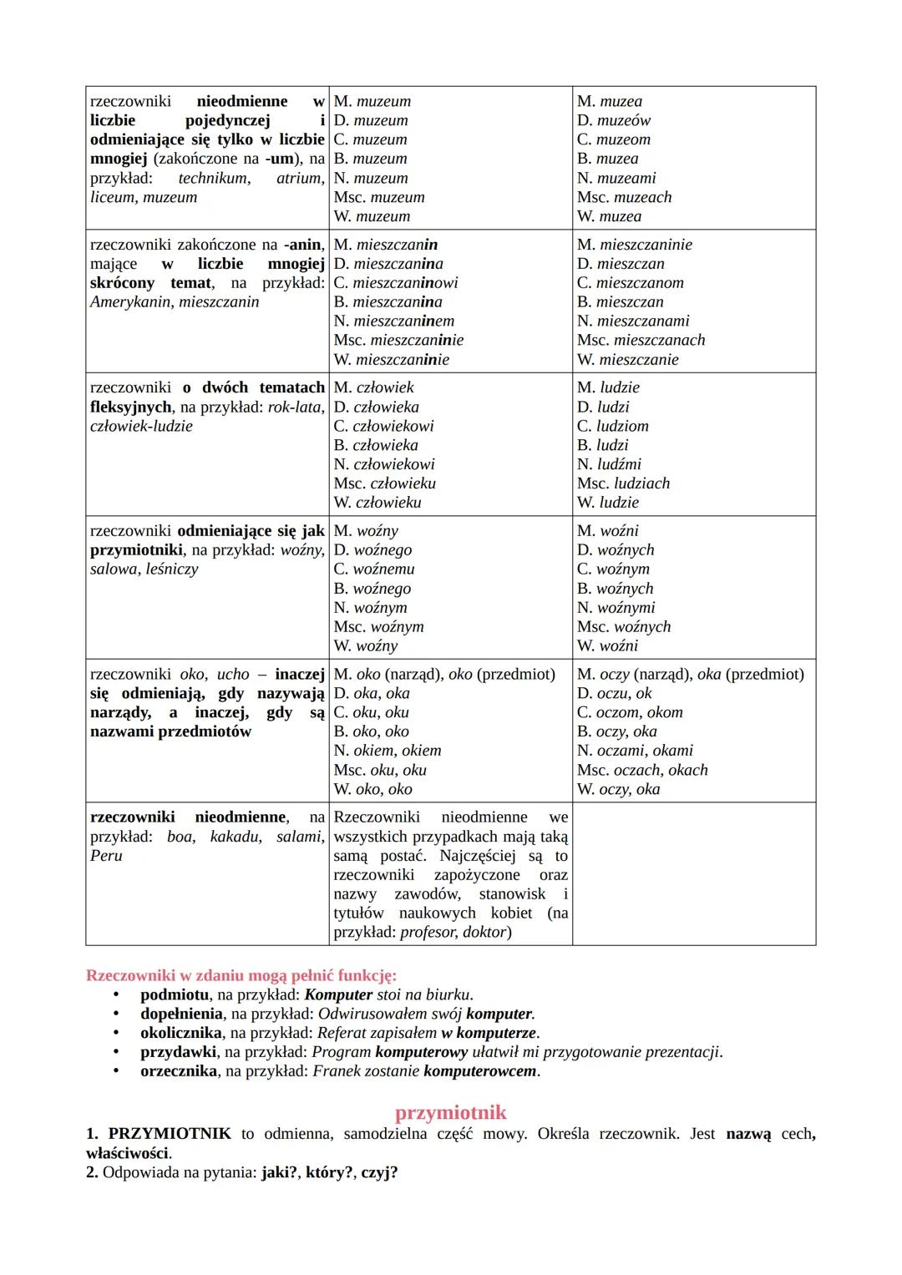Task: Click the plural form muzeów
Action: pyautogui.click(x=623, y=120)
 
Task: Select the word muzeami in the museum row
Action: pyautogui.click(x=627, y=178)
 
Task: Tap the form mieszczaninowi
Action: pyautogui.click(x=405, y=283)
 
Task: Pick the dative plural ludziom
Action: pyautogui.click(x=622, y=426)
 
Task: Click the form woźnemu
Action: pyautogui.click(x=383, y=569)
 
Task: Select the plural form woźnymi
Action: pyautogui.click(x=626, y=608)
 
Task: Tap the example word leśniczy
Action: pyautogui.click(x=172, y=569)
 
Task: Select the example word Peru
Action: pyautogui.click(x=106, y=856)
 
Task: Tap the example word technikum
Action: pyautogui.click(x=213, y=178)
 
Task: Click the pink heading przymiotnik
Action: pyautogui.click(x=450, y=1113)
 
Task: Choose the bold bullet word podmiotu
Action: pyautogui.click(x=174, y=994)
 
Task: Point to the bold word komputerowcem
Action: pyautogui.click(x=479, y=1071)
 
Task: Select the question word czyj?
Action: pyautogui.click(x=379, y=1172)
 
